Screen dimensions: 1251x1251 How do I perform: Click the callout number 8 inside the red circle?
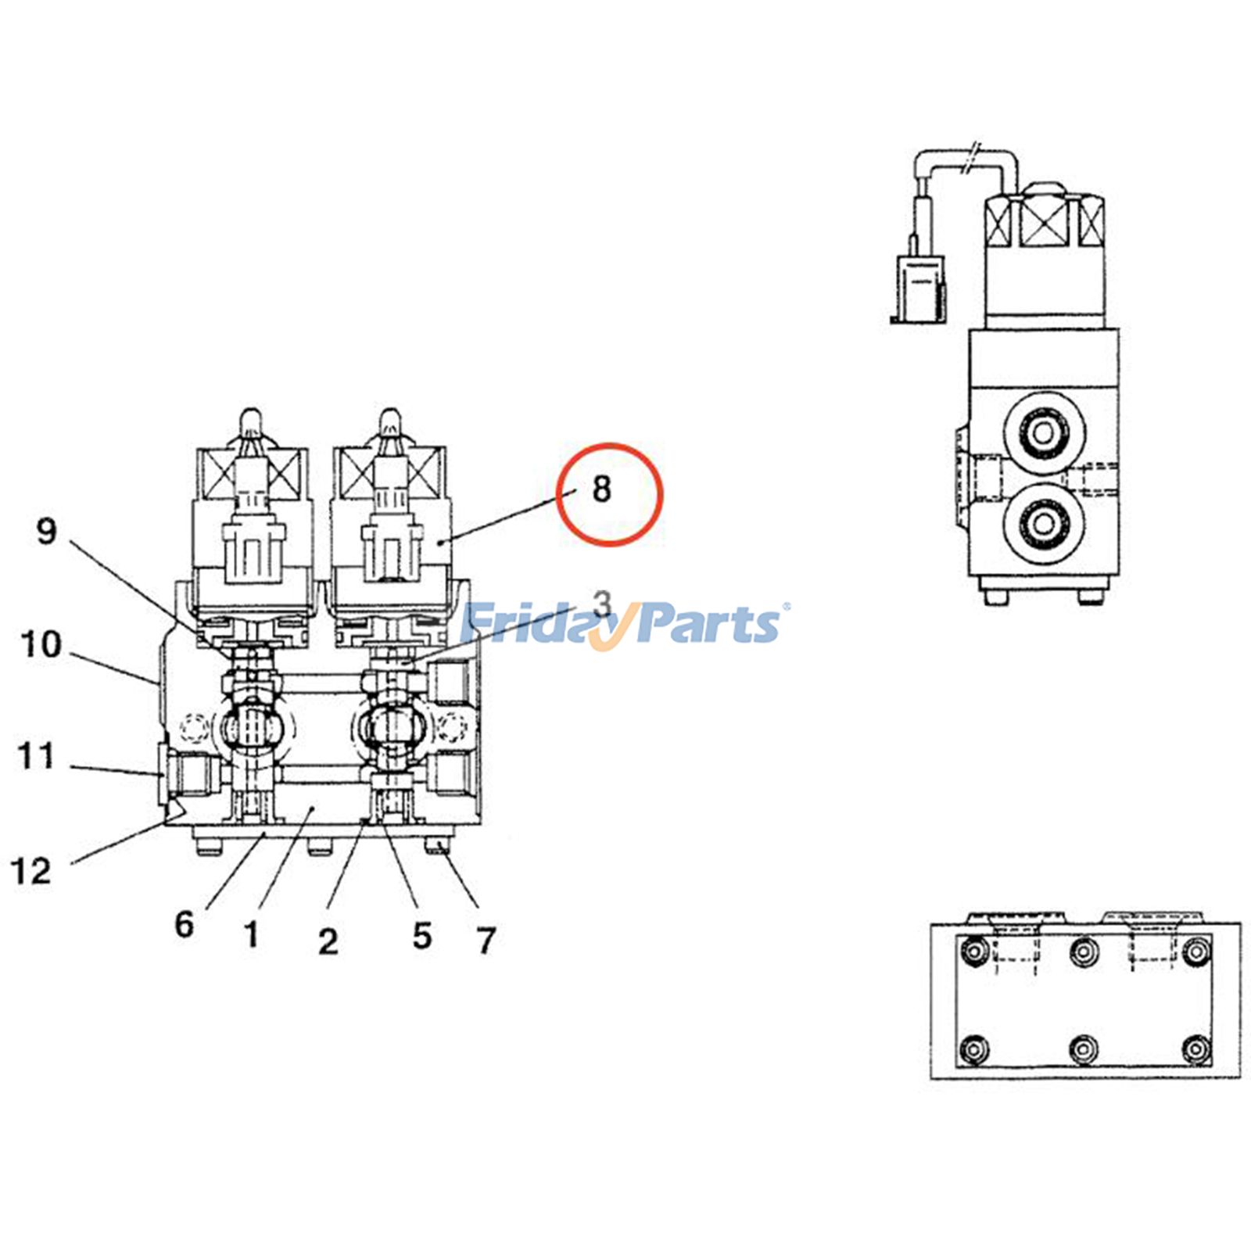click(601, 489)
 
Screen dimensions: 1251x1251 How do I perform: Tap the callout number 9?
click(47, 531)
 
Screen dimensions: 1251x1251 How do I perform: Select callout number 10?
click(41, 645)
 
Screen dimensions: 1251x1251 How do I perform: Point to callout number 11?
click(36, 757)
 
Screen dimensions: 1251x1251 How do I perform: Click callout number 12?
click(31, 871)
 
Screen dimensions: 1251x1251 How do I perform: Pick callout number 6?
click(184, 924)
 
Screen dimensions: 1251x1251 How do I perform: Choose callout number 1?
click(251, 934)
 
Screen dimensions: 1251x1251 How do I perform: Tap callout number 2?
click(328, 941)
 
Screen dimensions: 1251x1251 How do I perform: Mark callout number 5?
click(422, 936)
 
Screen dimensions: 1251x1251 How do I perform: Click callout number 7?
click(486, 941)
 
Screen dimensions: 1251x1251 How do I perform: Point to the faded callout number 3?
click(601, 604)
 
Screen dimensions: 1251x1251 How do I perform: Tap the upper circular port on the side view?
click(1043, 432)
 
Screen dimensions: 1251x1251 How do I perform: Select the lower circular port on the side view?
click(1043, 522)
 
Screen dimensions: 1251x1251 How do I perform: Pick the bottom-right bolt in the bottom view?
click(1195, 1048)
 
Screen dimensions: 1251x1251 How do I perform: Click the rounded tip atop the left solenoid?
click(250, 421)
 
